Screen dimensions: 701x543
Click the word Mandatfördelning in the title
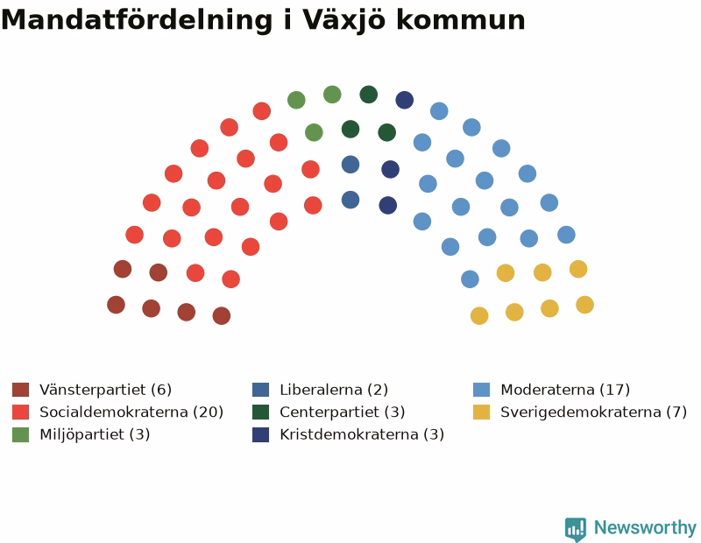coord(137,20)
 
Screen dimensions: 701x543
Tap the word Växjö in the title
coord(343,21)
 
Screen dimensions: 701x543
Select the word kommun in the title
coord(461,21)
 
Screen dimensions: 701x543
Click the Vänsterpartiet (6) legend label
coord(105,390)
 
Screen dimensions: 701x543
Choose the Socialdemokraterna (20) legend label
coord(131,412)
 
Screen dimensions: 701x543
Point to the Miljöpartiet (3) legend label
coord(95,434)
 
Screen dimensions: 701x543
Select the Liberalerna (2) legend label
coord(334,390)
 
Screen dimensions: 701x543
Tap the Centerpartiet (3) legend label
coord(343,412)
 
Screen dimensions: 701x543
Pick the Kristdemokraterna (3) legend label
coord(362,434)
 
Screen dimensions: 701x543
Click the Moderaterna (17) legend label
coord(565,390)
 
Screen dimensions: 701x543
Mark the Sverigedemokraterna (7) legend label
coord(594,412)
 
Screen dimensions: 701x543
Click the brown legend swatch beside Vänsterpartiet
coord(20,390)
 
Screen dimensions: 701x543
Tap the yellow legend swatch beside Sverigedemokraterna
coord(481,412)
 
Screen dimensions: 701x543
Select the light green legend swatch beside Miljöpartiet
coord(20,434)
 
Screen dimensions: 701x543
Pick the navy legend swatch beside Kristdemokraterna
coord(260,434)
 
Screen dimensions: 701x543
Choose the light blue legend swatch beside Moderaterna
coord(481,390)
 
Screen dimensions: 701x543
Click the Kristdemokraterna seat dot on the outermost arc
coord(405,100)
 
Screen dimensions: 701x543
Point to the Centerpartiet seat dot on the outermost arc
coord(369,95)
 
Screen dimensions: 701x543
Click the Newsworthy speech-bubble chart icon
coord(576,529)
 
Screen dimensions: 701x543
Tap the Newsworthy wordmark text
coord(645,528)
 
